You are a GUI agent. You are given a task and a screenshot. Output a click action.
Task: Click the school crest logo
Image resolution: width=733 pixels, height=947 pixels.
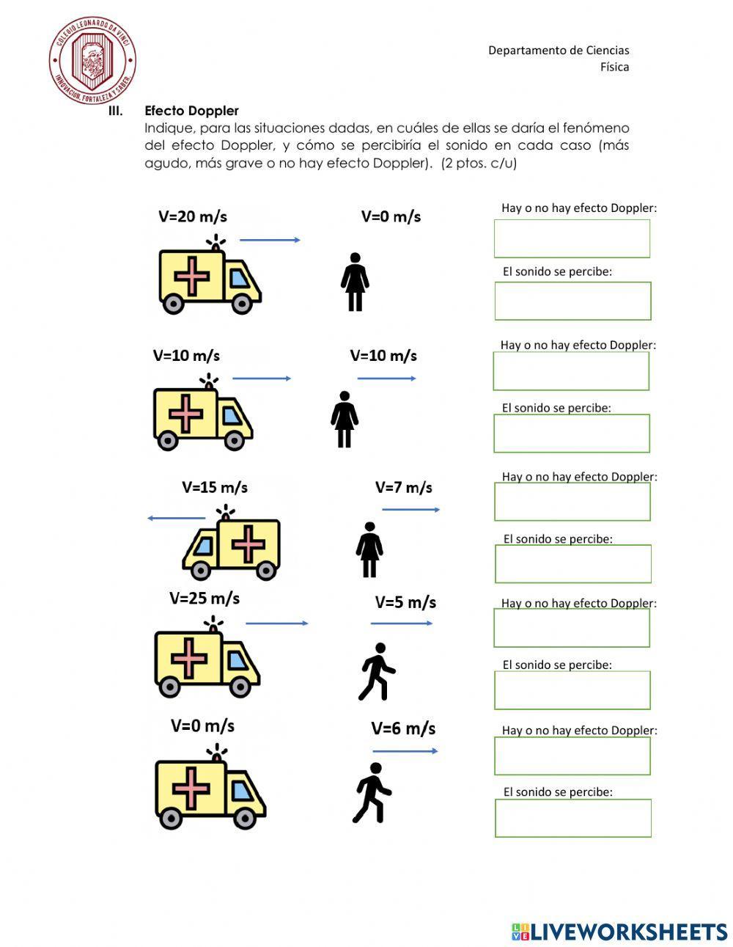click(x=92, y=61)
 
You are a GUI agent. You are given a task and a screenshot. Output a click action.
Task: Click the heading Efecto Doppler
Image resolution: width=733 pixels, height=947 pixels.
click(x=191, y=111)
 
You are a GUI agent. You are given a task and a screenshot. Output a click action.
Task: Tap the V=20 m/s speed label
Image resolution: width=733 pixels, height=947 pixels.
click(x=192, y=216)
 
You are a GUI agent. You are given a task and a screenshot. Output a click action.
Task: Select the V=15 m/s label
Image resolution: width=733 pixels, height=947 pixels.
click(x=214, y=487)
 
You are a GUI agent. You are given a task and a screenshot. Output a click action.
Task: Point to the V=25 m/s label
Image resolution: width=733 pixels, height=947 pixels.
click(x=204, y=598)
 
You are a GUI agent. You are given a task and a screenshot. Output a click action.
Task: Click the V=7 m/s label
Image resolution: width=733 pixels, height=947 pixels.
click(x=403, y=487)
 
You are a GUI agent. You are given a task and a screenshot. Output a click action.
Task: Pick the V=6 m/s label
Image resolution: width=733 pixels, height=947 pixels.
click(x=402, y=728)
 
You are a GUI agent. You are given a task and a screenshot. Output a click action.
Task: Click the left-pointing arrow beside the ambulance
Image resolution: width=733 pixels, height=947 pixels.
click(x=176, y=518)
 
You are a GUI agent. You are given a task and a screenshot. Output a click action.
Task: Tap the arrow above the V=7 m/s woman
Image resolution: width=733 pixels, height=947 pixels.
click(x=410, y=509)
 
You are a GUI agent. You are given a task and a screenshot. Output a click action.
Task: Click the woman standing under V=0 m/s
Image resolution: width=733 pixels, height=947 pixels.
click(x=355, y=282)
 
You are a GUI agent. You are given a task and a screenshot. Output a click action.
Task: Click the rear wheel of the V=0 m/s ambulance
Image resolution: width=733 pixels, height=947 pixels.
click(x=172, y=818)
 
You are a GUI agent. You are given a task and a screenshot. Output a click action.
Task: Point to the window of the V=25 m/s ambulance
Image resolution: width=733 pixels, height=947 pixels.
click(x=237, y=661)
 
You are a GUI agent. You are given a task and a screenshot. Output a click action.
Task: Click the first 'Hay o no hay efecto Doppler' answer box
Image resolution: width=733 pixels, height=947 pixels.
click(x=572, y=238)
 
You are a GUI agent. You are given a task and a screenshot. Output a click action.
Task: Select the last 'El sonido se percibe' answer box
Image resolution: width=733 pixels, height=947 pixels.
click(x=572, y=818)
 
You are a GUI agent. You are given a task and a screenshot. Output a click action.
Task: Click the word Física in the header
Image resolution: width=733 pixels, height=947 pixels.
click(x=614, y=67)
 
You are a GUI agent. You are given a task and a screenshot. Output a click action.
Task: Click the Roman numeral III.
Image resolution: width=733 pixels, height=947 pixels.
click(x=115, y=111)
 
